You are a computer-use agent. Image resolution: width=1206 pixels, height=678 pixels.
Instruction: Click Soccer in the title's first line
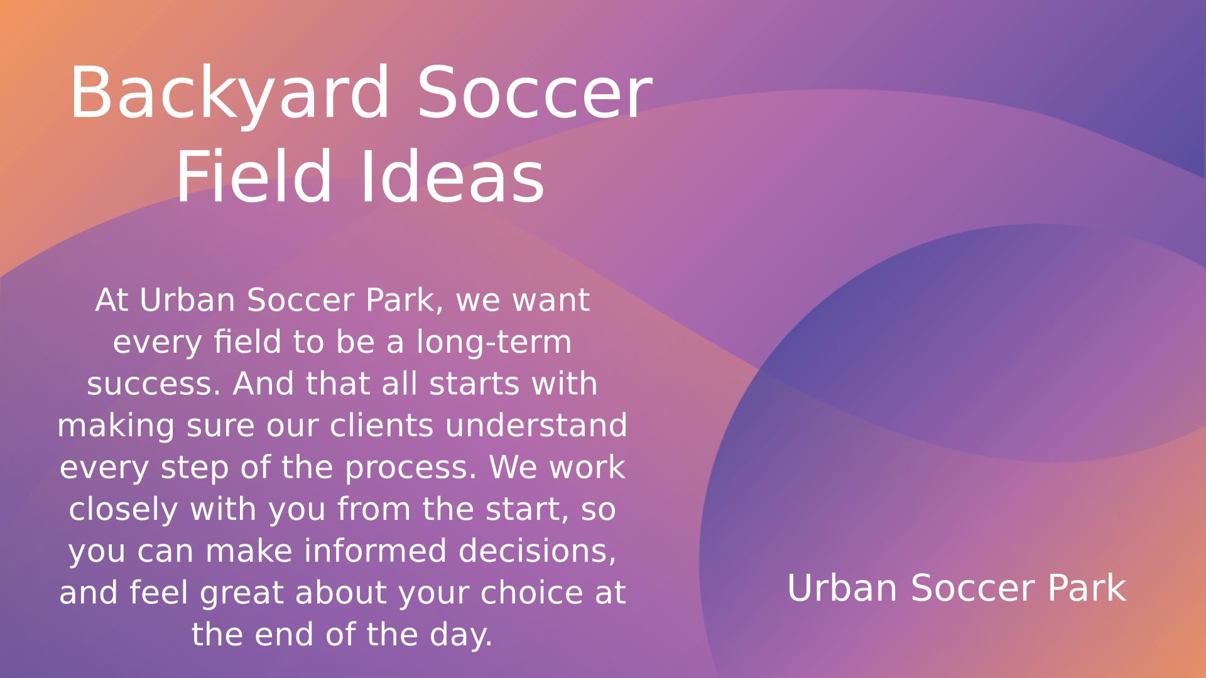coord(535,93)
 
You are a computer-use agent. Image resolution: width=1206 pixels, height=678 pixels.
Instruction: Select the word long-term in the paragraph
coord(494,343)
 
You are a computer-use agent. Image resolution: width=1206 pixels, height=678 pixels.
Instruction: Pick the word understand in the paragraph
coord(536,426)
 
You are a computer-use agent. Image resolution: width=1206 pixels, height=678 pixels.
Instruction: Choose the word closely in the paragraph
coord(123,510)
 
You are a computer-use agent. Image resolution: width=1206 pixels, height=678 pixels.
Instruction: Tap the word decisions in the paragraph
coord(537,551)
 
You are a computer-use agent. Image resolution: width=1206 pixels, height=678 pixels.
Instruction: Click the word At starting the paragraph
coord(112,300)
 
